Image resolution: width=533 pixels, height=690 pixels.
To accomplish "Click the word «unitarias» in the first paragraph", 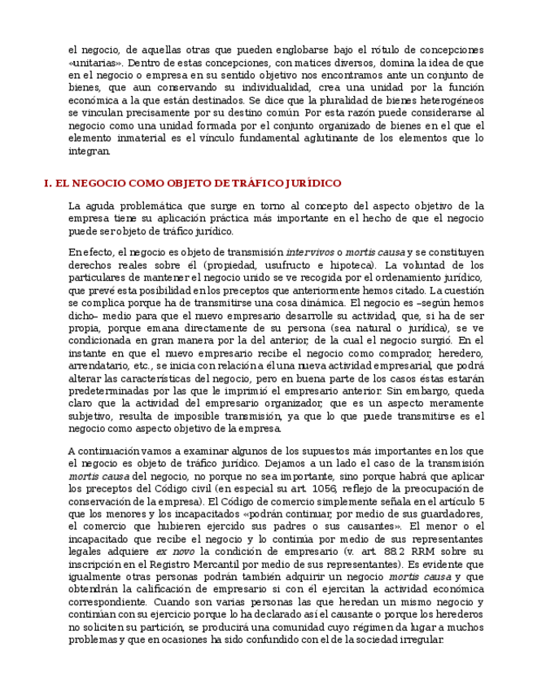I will (95, 62).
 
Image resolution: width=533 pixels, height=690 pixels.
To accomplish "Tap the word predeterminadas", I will (113, 391).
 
